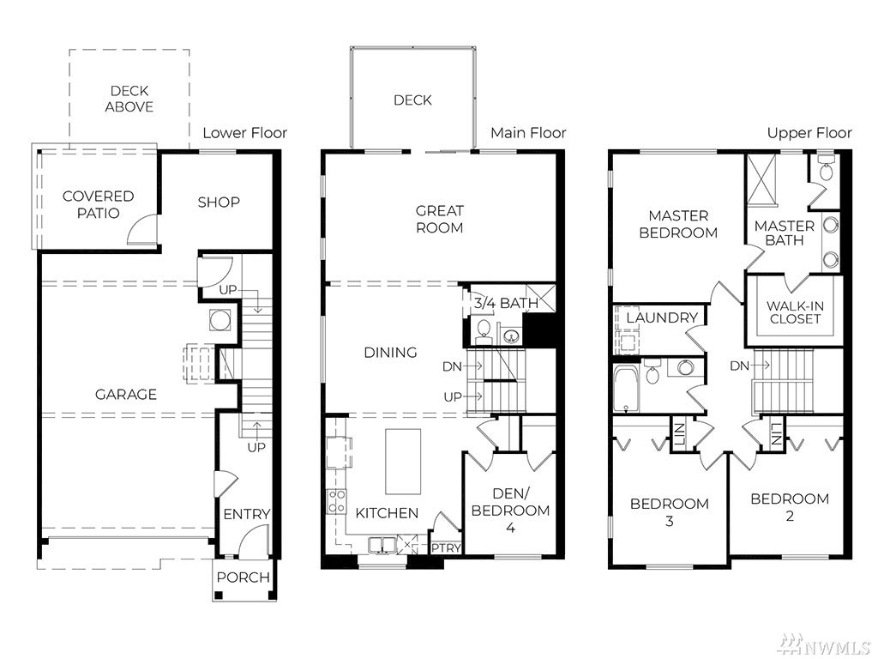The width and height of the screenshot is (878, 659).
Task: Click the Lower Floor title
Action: click(244, 133)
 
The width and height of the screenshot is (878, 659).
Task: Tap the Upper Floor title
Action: click(809, 133)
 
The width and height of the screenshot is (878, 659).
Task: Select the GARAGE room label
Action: click(126, 395)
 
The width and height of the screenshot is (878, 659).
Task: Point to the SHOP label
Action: click(219, 203)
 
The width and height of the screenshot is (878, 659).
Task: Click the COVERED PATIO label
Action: click(98, 204)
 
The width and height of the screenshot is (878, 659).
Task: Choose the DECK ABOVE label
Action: click(129, 99)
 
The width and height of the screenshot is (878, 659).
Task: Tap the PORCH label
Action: click(244, 577)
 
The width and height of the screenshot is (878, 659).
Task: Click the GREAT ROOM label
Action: click(440, 219)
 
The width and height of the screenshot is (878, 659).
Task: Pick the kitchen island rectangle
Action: click(403, 462)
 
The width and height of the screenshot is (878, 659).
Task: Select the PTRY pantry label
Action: click(446, 547)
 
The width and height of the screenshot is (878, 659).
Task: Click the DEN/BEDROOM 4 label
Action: click(510, 511)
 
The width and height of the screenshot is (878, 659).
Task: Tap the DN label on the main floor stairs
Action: click(451, 366)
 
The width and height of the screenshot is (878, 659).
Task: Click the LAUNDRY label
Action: click(663, 317)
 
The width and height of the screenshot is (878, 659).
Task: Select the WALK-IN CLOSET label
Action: click(795, 312)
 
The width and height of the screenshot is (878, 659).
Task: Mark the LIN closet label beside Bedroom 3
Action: click(679, 434)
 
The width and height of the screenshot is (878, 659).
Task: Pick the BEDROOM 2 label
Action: click(790, 507)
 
